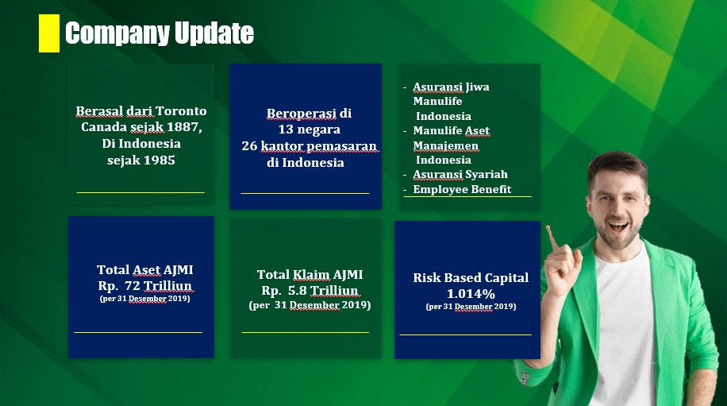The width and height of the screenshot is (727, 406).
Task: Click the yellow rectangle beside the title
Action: [x=48, y=33]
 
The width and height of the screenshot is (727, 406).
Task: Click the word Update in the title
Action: [x=214, y=33]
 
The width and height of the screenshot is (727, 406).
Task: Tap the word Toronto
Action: [x=181, y=111]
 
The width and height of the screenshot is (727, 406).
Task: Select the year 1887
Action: [x=183, y=126]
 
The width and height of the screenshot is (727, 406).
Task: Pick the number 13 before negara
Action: [x=286, y=129]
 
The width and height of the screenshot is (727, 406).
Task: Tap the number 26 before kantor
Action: [x=249, y=145]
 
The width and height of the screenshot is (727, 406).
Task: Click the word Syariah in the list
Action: [x=487, y=175]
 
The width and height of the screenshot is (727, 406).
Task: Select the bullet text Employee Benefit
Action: [x=462, y=189]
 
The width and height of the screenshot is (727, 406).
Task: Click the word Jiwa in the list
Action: [x=478, y=87]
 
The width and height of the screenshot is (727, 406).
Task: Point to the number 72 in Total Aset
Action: [x=132, y=285]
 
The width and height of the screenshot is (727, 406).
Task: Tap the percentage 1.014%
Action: [x=471, y=294]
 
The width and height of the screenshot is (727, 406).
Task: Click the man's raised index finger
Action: [x=552, y=237]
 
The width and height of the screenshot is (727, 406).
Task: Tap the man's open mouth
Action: [x=617, y=227]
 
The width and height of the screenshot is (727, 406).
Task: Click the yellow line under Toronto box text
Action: [x=140, y=192]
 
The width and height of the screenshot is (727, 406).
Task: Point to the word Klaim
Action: [x=310, y=275]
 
